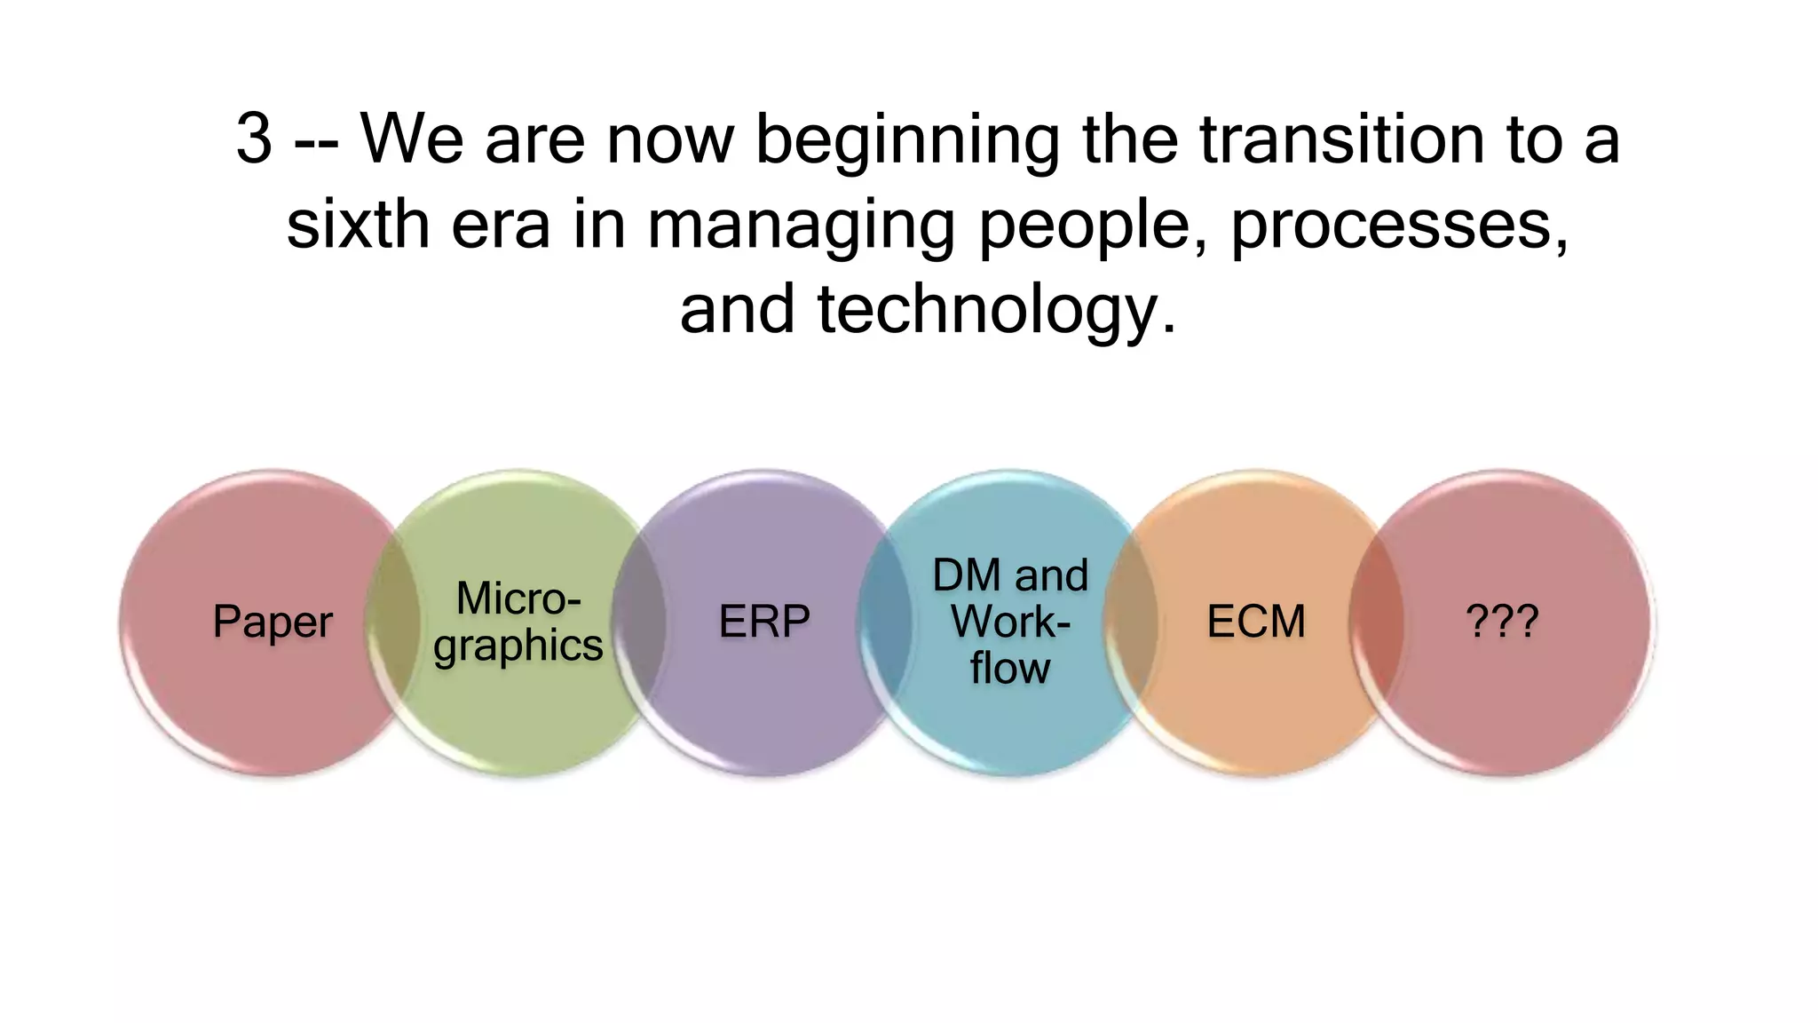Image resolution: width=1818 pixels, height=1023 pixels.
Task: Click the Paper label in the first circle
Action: (x=273, y=622)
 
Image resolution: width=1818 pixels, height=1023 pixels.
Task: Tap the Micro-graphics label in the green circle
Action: (x=518, y=622)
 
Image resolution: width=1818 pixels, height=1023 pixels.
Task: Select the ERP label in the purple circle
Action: (x=763, y=622)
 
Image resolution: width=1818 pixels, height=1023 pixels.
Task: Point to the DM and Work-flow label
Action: (x=1010, y=622)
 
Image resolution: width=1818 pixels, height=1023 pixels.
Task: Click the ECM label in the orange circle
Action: (x=1256, y=622)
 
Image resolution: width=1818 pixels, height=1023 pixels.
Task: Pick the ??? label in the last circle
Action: (x=1502, y=622)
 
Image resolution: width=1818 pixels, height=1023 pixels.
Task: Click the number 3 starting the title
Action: (x=254, y=139)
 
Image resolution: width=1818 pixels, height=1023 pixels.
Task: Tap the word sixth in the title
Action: (x=358, y=224)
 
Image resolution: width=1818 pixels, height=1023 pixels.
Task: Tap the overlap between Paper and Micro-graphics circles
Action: (x=394, y=622)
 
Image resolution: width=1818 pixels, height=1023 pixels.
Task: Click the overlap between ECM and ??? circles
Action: (x=1376, y=622)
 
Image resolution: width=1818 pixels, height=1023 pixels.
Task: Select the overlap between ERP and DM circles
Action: (x=885, y=622)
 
